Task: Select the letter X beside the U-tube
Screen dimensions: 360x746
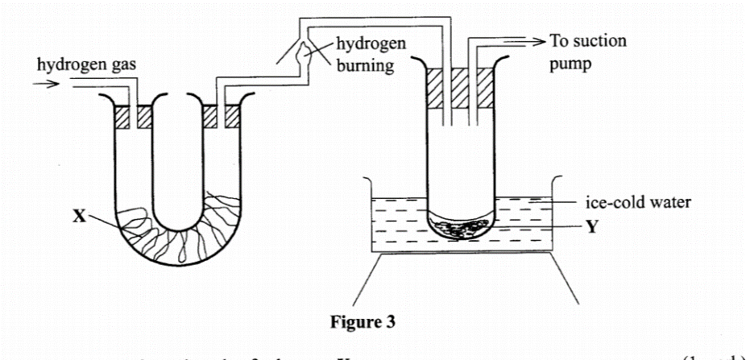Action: pos(77,218)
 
